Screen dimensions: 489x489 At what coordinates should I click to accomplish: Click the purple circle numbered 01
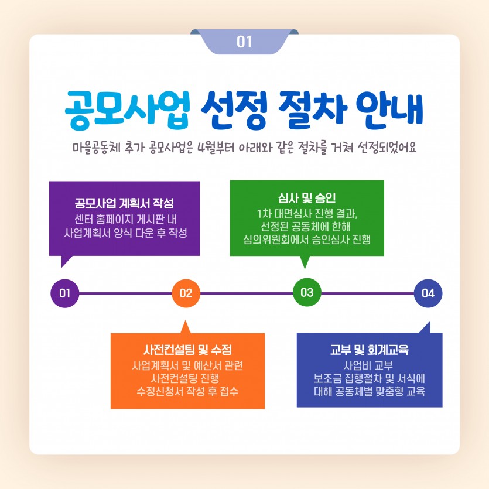pyautogui.click(x=65, y=293)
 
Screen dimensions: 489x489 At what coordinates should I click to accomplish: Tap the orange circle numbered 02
pyautogui.click(x=186, y=293)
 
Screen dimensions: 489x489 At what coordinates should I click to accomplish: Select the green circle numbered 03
pyautogui.click(x=307, y=292)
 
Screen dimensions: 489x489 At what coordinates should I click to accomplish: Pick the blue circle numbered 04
pyautogui.click(x=428, y=293)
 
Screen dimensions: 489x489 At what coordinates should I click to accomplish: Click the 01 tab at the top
pyautogui.click(x=244, y=42)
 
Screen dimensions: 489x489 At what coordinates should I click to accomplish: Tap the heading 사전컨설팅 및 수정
pyautogui.click(x=187, y=350)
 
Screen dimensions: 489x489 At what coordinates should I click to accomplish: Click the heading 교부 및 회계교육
pyautogui.click(x=369, y=350)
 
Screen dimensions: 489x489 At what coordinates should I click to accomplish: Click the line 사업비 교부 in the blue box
pyautogui.click(x=369, y=365)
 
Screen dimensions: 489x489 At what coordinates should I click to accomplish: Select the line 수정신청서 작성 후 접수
pyautogui.click(x=187, y=391)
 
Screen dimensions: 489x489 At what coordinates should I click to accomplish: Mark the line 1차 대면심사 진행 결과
pyautogui.click(x=307, y=212)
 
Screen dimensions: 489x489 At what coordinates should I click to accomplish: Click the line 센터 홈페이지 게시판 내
pyautogui.click(x=125, y=220)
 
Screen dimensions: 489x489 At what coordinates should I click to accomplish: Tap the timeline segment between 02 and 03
pyautogui.click(x=246, y=293)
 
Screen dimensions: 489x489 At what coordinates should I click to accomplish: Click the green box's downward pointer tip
pyautogui.click(x=304, y=267)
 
